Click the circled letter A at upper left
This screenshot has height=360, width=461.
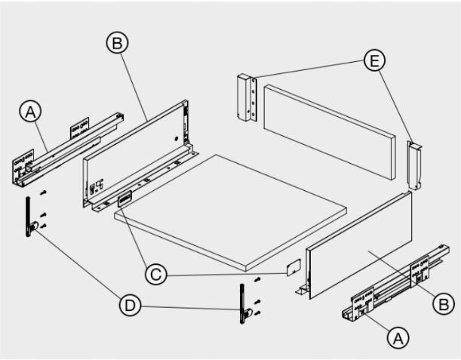coord(31,112)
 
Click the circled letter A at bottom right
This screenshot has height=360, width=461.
coord(398,338)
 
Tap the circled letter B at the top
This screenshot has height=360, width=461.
coord(117,43)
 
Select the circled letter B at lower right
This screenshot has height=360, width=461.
coord(444,303)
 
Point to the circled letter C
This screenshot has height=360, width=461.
coord(156,274)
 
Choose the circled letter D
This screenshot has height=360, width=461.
coord(131,305)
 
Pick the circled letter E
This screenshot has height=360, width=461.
coord(374,60)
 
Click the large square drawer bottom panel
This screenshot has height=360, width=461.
coord(230,212)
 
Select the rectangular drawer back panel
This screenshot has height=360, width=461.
coord(330,132)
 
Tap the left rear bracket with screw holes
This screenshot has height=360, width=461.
coord(247,97)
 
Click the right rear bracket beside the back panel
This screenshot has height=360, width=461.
coord(414,165)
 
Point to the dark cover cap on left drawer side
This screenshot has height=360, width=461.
coord(124,198)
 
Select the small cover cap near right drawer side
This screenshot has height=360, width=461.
coord(294,267)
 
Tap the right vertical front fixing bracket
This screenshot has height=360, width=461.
coord(244,304)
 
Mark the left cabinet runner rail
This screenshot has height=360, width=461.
coord(68,149)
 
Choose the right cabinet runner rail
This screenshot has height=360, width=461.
coord(395,283)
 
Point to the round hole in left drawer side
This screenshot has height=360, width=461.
coord(176,138)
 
